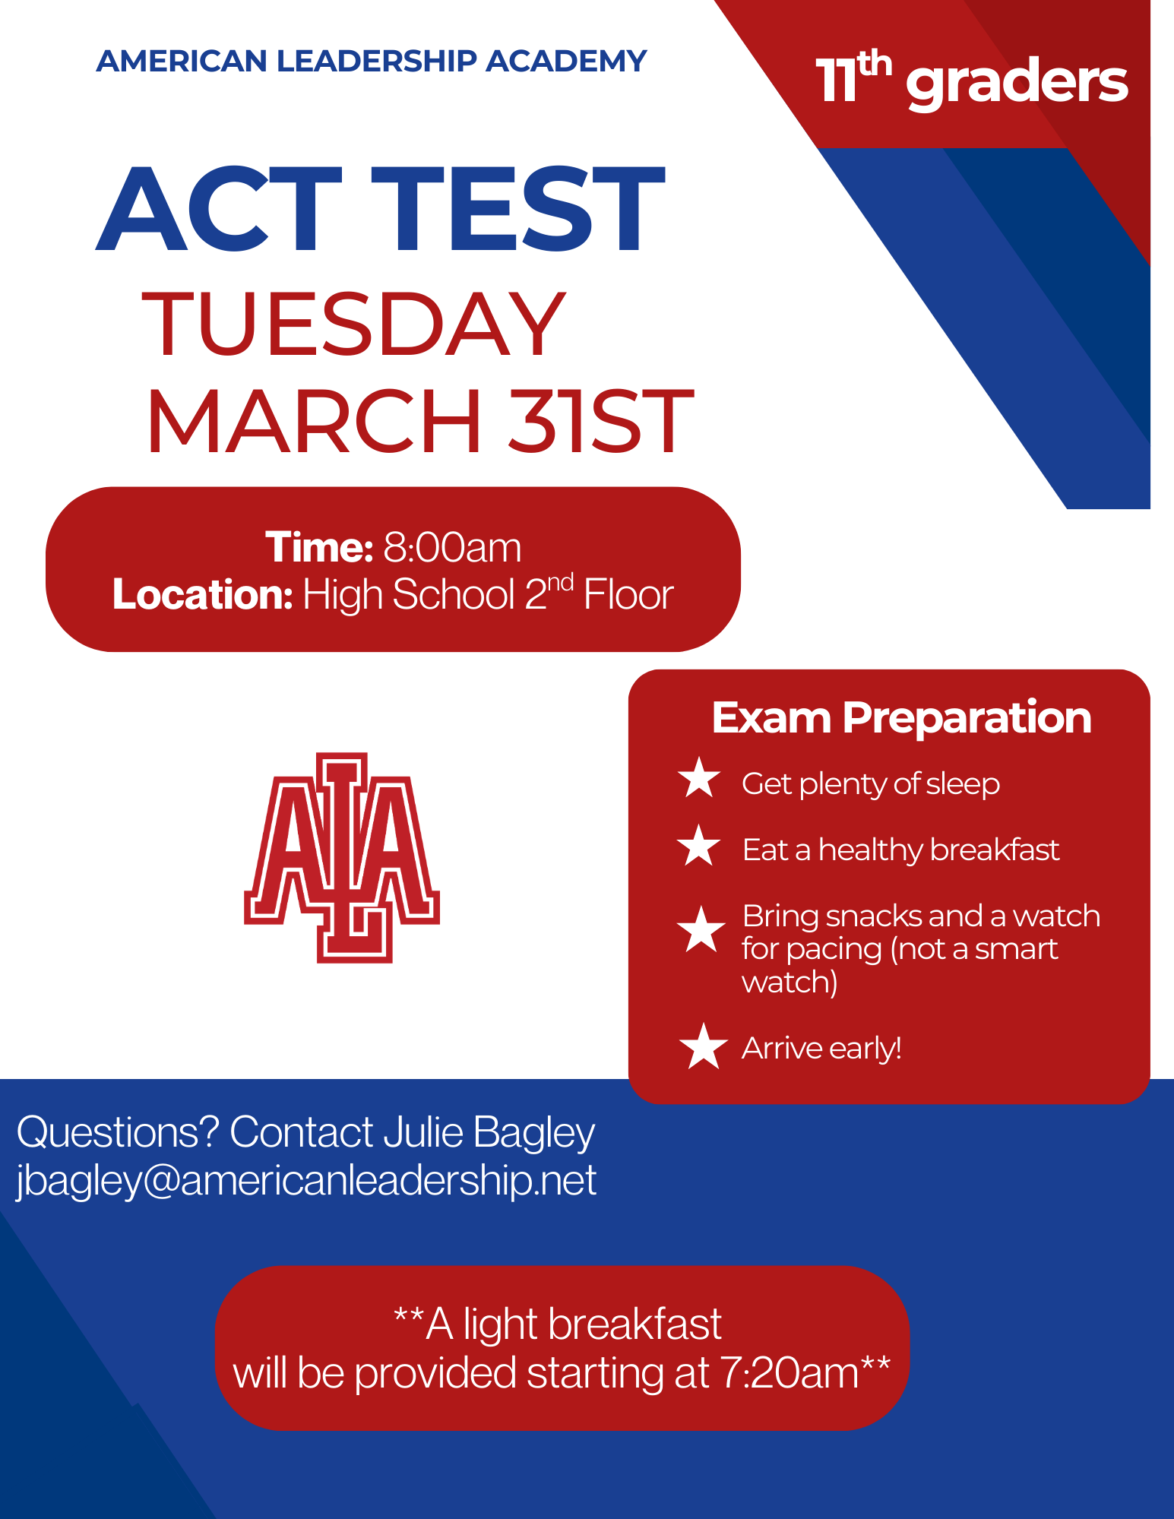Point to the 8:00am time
(x=453, y=547)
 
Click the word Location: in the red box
(x=202, y=594)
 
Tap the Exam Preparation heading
(x=901, y=717)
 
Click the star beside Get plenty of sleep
(x=699, y=779)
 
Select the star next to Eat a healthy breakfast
(x=699, y=847)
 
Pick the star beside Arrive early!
(x=704, y=1046)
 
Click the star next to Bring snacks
(x=701, y=929)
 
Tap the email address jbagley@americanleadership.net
(x=306, y=1182)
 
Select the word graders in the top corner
(x=1017, y=84)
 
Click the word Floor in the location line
(x=628, y=594)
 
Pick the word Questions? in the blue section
(x=118, y=1132)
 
